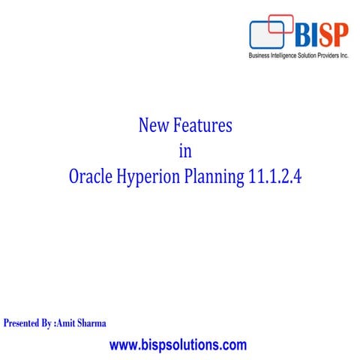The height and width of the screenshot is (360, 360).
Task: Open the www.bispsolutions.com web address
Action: pos(178,346)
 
